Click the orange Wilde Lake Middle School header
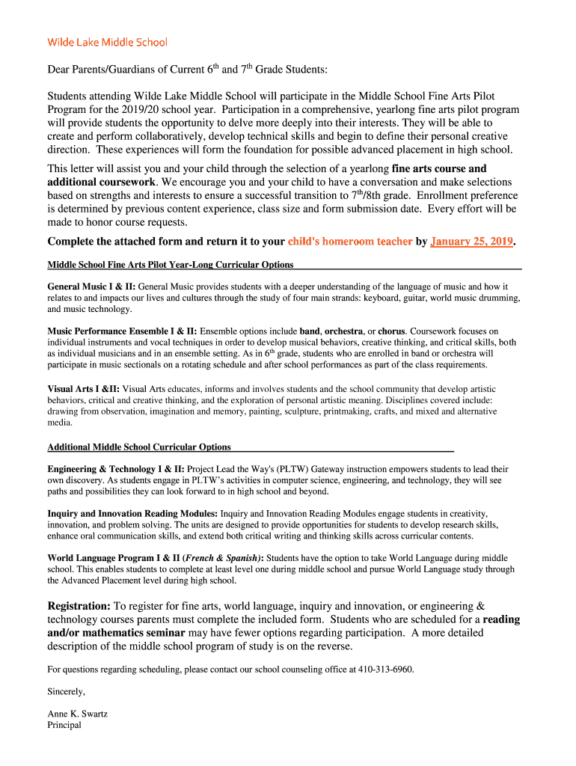107,42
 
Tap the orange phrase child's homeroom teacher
350,242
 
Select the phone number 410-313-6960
385,670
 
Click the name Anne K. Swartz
77,714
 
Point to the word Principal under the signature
64,725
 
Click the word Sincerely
67,691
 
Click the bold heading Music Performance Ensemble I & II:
122,331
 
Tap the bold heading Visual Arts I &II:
83,389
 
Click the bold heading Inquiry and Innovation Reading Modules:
132,514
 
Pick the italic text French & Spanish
223,558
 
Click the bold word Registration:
79,606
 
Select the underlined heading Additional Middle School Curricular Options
139,447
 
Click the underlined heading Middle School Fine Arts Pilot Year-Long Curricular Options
171,265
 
